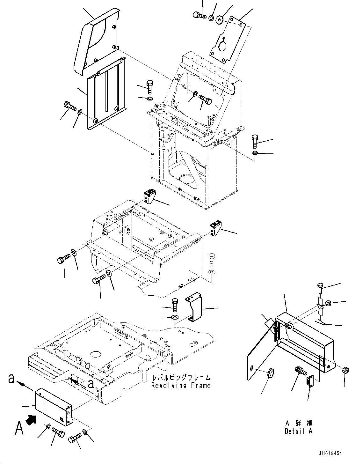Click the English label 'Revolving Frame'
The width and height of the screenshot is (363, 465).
click(x=181, y=385)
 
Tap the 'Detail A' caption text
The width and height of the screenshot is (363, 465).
click(x=298, y=431)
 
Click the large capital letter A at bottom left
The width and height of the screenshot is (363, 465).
click(x=19, y=428)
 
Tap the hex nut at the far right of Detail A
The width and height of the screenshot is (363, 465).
click(x=345, y=370)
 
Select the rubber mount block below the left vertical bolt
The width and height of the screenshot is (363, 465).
click(x=149, y=196)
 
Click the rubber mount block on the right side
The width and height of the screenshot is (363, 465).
click(x=216, y=229)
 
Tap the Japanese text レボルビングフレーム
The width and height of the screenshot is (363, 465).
click(x=181, y=377)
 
